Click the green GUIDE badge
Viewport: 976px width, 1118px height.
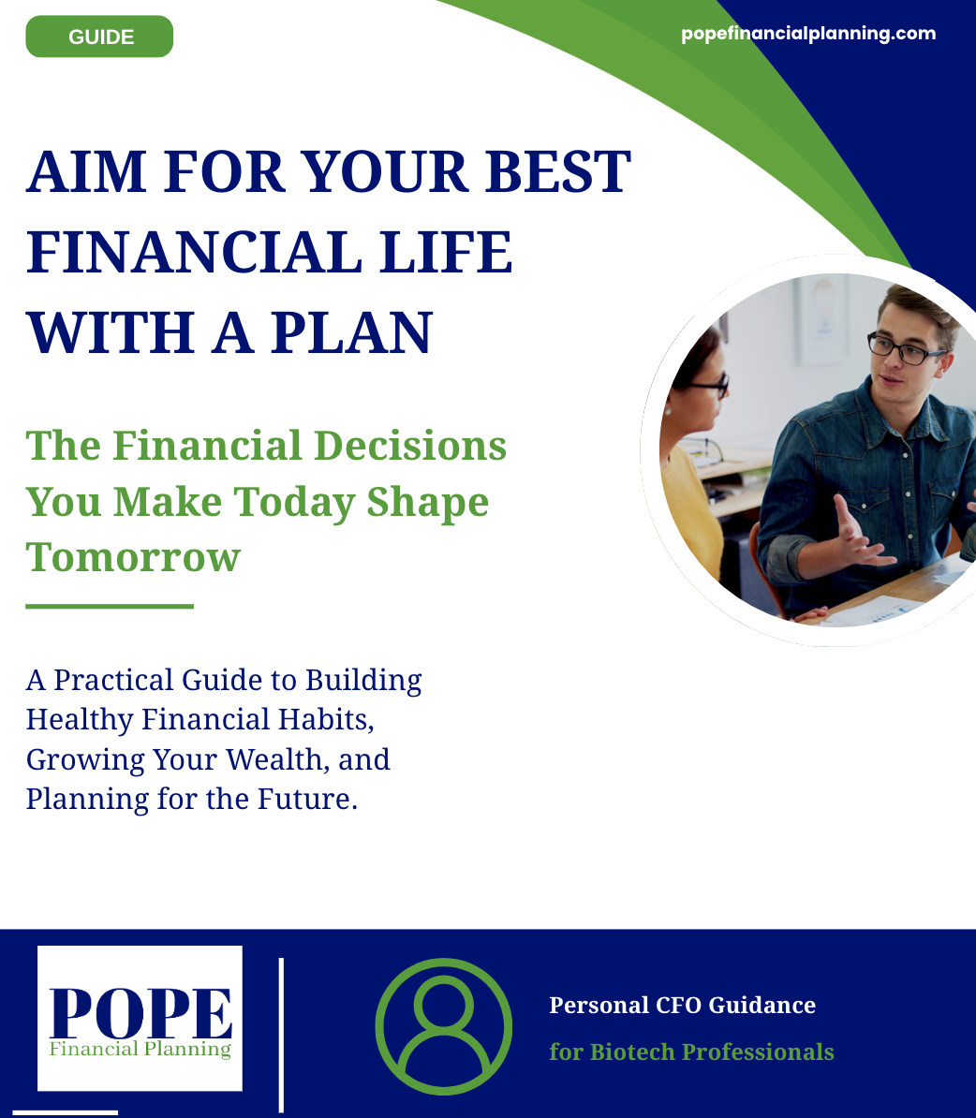99,37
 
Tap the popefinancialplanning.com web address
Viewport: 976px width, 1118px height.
808,34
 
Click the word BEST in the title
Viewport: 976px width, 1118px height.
558,172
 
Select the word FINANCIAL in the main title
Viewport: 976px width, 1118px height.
193,252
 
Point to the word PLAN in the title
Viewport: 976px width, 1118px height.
352,332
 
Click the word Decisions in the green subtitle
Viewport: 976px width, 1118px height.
410,447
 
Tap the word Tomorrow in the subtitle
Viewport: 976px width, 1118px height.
133,557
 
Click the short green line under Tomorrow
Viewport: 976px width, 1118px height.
110,606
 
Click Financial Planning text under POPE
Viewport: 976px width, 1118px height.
140,1049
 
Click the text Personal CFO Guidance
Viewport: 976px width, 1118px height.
682,1006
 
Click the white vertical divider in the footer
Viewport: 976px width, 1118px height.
281,1036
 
